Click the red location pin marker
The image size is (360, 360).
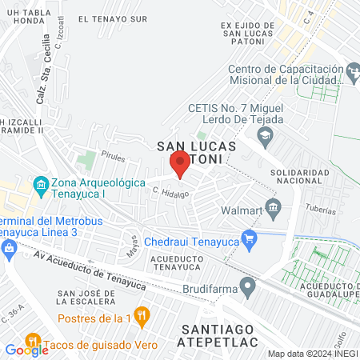(180, 163)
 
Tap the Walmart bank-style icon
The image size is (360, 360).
(273, 210)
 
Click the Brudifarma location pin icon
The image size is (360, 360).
(249, 283)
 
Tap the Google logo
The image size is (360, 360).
(26, 350)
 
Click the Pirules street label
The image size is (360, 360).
(113, 159)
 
